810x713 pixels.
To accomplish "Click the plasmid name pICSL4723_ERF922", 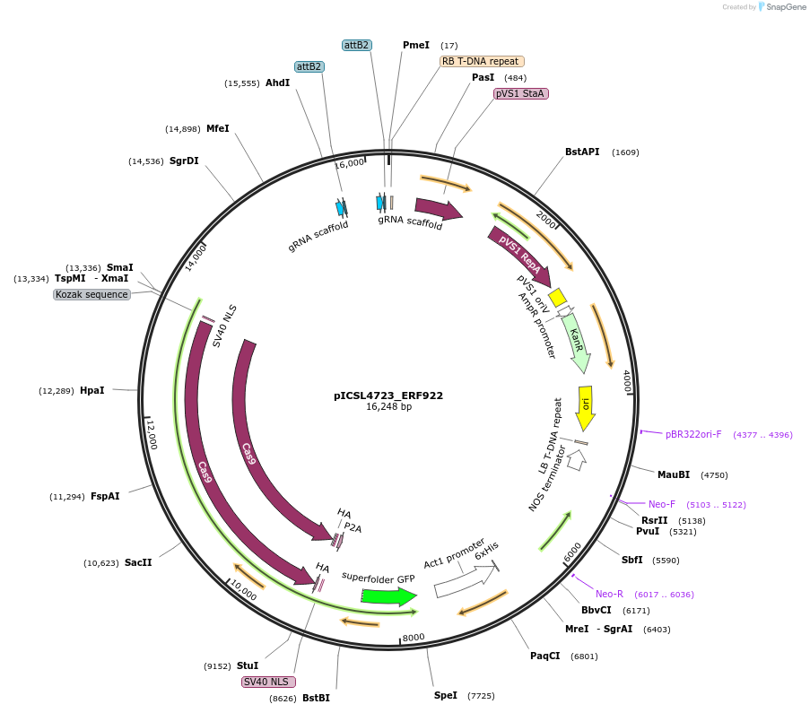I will [x=388, y=396].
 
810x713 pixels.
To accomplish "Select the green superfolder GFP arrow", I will [x=388, y=596].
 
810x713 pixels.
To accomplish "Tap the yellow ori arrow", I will [x=585, y=412].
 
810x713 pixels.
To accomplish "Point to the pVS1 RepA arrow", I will [x=519, y=256].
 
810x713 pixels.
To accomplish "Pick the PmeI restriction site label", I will [x=416, y=45].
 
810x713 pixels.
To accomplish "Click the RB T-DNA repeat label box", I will [x=482, y=61].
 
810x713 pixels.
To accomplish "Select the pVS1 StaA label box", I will [x=520, y=93].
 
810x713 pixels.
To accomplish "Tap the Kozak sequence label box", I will [x=91, y=294].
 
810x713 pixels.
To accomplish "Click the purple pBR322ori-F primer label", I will [x=693, y=435].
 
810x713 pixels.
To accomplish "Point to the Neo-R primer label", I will [x=609, y=594].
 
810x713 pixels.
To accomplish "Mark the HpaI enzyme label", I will [x=92, y=391].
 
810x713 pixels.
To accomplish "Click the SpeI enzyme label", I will [x=446, y=695].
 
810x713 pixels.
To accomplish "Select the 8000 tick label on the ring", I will [x=414, y=638].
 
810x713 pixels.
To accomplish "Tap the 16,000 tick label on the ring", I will [x=349, y=162].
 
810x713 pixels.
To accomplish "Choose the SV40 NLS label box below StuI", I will [x=268, y=682].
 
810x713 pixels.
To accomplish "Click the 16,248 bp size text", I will [x=388, y=407].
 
